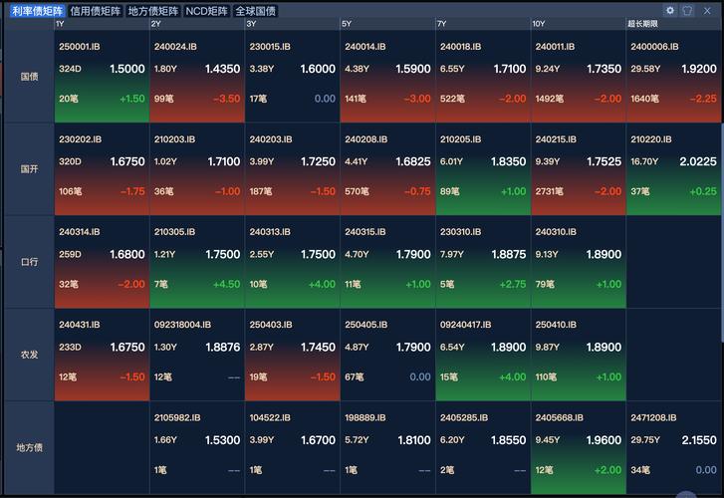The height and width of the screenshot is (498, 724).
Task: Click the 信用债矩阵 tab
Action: [96, 11]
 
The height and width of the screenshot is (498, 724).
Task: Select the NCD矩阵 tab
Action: [206, 11]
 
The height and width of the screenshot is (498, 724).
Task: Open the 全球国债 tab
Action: [256, 11]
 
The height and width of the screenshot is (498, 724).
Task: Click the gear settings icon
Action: [670, 10]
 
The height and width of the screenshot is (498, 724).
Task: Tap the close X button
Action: [707, 11]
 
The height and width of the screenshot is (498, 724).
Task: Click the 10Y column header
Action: [539, 24]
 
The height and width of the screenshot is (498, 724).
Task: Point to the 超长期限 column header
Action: [642, 24]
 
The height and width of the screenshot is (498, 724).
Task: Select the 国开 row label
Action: [29, 169]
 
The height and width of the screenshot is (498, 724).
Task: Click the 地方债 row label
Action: [29, 447]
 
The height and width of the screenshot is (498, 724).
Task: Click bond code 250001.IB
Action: [80, 47]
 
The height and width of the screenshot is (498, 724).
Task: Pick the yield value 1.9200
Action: [699, 69]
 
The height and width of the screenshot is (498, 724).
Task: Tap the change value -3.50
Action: [227, 99]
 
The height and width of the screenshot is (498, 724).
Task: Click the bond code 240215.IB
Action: [556, 139]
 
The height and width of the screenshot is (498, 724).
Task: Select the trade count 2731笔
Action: [549, 191]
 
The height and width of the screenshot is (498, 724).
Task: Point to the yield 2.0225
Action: [698, 161]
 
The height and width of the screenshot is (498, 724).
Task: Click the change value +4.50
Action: [226, 285]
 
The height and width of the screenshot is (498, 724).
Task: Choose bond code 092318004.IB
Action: [182, 326]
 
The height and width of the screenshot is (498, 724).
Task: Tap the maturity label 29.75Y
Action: [645, 440]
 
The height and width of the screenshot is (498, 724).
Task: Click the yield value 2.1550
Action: [699, 440]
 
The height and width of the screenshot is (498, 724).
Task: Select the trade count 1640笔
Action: [645, 99]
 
